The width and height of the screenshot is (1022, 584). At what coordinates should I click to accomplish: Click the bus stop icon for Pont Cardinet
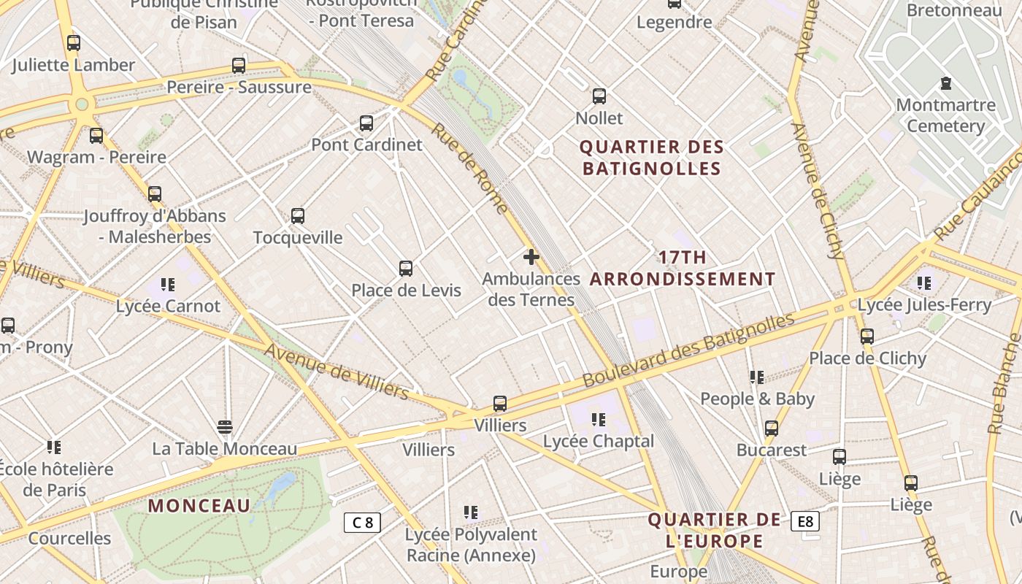pos(366,123)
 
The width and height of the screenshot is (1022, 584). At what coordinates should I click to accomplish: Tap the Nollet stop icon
pos(599,96)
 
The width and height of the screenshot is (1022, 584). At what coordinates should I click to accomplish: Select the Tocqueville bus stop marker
pos(298,216)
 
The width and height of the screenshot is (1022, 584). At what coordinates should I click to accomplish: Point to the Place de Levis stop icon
pos(406,269)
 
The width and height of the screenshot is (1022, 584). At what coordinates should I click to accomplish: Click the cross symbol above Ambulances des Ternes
pos(531,257)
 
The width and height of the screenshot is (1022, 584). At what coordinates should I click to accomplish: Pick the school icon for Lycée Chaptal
pos(599,420)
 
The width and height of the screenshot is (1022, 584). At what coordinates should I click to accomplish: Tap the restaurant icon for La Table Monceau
pos(225,426)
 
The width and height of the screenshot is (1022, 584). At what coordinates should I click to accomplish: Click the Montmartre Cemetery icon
pos(946,83)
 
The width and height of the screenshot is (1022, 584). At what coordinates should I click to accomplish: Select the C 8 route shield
pos(363,522)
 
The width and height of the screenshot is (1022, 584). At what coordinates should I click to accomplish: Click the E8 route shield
pos(805,521)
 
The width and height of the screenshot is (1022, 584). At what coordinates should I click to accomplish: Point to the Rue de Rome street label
pos(469,168)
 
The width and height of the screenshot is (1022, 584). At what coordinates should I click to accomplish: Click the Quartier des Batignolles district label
pos(651,158)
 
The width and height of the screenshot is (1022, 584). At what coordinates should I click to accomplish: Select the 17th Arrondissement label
pos(683,268)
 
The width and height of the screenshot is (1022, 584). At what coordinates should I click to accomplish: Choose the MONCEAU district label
pos(199,505)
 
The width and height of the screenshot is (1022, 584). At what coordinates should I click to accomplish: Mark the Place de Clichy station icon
pos(867,337)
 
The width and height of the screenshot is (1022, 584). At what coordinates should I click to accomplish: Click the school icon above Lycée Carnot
pos(168,284)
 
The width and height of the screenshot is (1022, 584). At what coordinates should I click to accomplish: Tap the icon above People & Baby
pos(757,377)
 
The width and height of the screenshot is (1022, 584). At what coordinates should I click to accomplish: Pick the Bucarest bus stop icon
pos(772,429)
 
